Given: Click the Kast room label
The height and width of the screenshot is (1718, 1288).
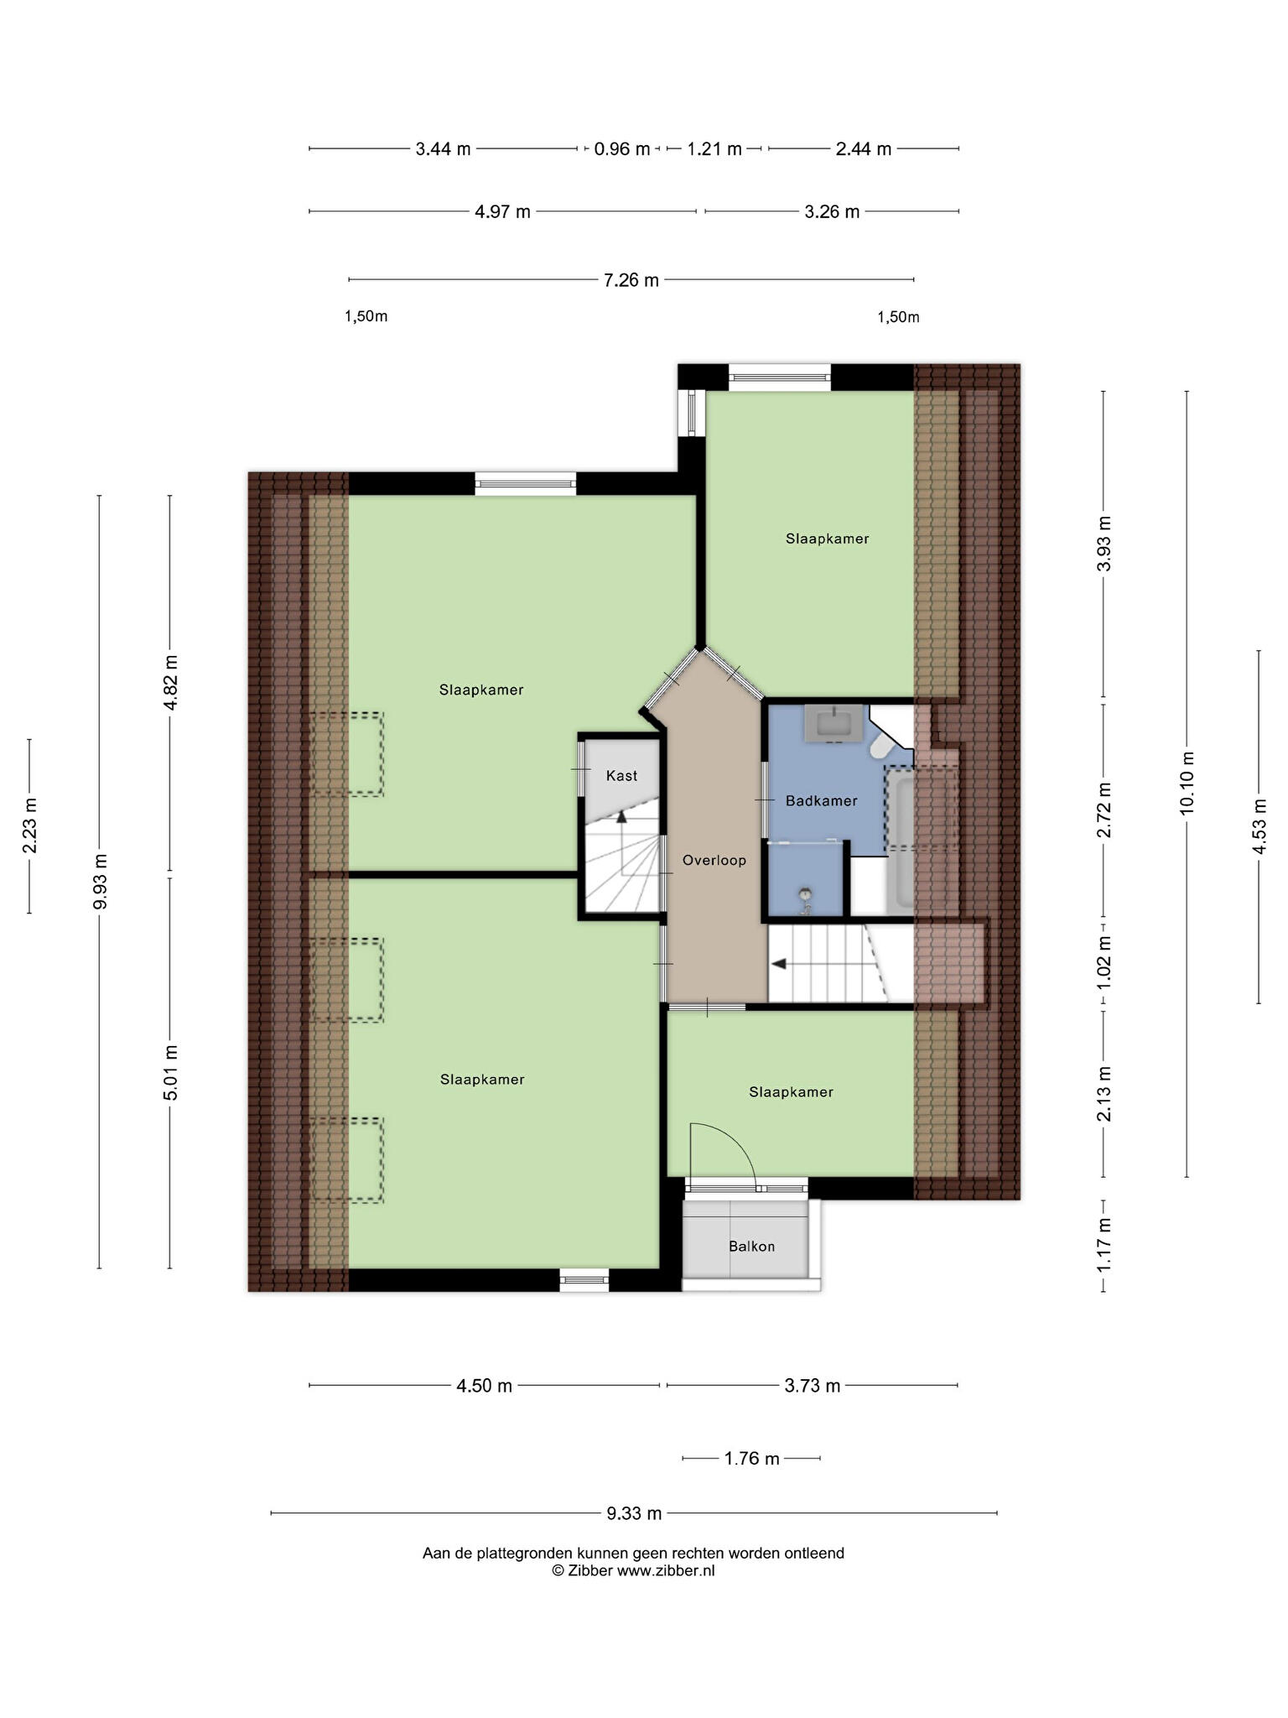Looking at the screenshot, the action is point(621,776).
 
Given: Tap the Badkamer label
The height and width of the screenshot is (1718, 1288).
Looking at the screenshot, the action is point(821,801).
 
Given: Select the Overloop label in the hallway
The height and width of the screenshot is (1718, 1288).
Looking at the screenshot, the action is point(714,860).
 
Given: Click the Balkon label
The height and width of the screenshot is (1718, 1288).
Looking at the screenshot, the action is point(751,1247).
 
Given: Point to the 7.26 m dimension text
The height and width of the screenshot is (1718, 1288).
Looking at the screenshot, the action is point(631,280).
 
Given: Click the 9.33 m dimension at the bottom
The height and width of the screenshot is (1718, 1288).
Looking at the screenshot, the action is point(634,1513).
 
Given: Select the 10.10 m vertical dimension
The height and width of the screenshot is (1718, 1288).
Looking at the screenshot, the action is point(1187,783).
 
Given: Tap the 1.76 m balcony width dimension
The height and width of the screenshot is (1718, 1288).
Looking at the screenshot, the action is point(751,1459).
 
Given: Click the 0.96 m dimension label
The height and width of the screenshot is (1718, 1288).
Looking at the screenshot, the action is point(622,149).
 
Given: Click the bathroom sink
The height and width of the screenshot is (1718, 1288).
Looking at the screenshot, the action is point(834,724).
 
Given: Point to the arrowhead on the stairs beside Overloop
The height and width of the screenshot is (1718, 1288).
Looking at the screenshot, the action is point(778,964).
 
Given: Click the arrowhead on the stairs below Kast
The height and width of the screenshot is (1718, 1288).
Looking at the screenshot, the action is point(621,816).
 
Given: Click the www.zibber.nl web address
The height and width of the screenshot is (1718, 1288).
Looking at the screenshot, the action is point(666,1571).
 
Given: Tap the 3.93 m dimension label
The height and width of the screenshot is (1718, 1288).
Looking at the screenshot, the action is point(1104,544).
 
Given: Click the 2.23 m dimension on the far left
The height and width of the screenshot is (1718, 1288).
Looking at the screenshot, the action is point(29,825).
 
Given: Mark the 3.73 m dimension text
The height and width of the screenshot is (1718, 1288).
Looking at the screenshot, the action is point(812,1386).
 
